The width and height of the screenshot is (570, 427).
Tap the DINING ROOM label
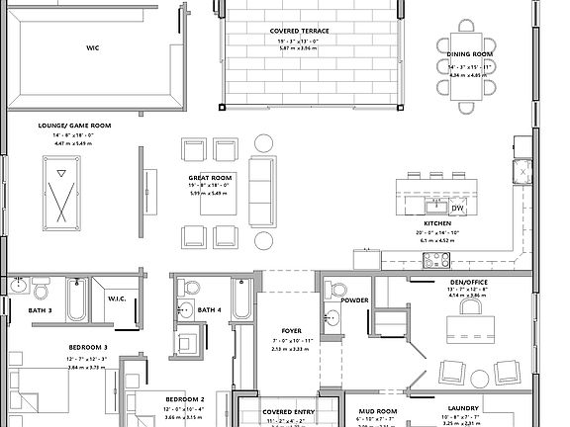469,54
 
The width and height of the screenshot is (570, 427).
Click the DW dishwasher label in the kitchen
458,209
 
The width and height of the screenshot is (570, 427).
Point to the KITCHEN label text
436,224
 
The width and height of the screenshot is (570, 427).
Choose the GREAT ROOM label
209,178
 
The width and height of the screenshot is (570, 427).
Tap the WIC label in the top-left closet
92,45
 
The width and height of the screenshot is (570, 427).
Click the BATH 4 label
208,310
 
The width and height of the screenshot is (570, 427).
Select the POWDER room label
354,299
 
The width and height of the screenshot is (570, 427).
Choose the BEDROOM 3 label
88,347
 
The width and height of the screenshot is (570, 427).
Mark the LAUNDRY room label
463,408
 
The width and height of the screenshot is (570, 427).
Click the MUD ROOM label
377,409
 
